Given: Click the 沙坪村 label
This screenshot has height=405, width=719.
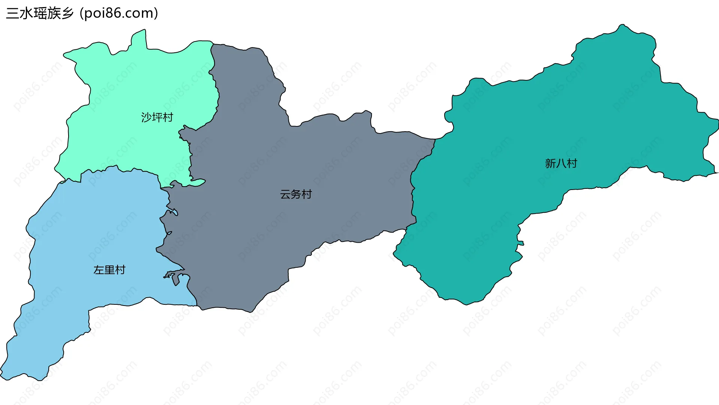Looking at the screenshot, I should tap(157, 117).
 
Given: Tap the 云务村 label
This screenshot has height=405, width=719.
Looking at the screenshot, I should tap(296, 194).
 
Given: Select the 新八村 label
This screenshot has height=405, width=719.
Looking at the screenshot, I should tap(561, 163).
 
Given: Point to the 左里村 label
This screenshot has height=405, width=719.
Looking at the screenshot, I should tap(109, 270).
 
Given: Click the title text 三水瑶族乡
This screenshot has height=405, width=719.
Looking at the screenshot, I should tap(40, 13).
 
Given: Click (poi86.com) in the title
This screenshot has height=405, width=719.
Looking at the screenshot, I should tap(119, 13).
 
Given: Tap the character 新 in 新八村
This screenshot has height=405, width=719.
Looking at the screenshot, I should tap(550, 163).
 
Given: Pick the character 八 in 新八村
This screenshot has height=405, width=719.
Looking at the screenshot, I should tap(561, 163).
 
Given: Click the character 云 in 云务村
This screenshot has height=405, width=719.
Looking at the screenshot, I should tap(285, 194).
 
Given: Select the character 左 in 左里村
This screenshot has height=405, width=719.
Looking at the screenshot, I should tap(99, 270).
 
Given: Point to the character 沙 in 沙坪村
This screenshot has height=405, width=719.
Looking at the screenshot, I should tap(146, 117).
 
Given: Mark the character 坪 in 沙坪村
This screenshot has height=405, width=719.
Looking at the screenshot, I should tap(157, 117).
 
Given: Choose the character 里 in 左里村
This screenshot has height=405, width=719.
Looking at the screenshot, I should tap(109, 270).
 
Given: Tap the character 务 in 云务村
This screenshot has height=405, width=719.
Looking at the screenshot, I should tap(296, 194).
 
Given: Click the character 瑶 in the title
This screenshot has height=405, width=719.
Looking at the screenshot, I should tap(40, 13).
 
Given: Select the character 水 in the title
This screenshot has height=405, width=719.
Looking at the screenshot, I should tap(26, 13).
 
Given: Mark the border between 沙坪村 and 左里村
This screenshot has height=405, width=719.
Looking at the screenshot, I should tap(124, 170).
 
